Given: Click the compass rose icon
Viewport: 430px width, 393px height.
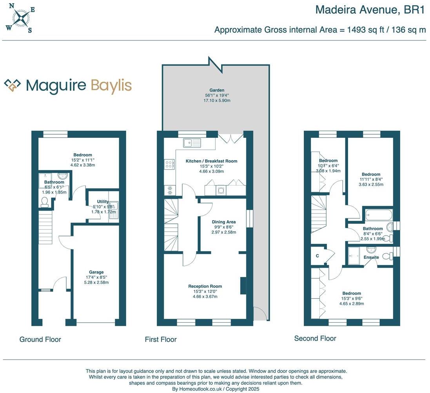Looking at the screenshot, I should [21, 18].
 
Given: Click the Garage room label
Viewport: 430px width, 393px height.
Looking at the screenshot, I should [96, 272].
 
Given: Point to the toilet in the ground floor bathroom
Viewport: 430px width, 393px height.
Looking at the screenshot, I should [45, 202].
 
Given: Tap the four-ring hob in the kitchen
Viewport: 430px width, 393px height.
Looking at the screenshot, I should [170, 164].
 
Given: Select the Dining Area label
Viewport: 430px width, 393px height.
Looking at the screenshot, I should [224, 222].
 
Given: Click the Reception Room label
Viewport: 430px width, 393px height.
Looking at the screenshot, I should [205, 286].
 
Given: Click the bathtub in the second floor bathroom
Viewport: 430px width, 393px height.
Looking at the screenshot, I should [378, 215].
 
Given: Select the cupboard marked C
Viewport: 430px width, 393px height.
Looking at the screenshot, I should [318, 256].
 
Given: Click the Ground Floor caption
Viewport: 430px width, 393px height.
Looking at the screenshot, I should [40, 339].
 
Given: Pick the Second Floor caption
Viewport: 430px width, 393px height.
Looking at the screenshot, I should [315, 338].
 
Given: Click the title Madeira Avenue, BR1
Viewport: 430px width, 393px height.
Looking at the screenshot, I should [370, 9].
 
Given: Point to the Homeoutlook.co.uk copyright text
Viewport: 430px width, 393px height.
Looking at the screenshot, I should [216, 389].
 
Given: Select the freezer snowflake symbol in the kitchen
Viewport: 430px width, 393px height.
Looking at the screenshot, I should [170, 190].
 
